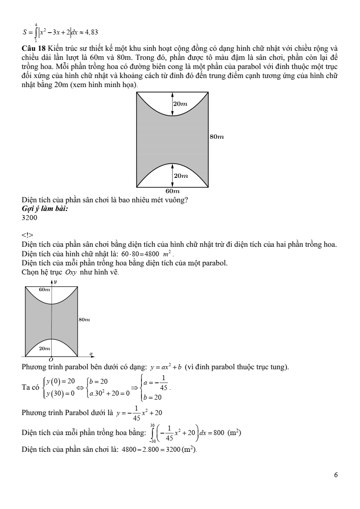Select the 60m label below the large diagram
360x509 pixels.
(172, 191)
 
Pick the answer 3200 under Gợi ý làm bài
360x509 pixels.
(29, 218)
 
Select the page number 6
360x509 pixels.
(336, 475)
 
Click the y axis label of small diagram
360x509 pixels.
(55, 282)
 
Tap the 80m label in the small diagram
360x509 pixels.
(84, 320)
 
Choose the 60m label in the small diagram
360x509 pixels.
(44, 289)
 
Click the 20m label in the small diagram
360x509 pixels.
(44, 348)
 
